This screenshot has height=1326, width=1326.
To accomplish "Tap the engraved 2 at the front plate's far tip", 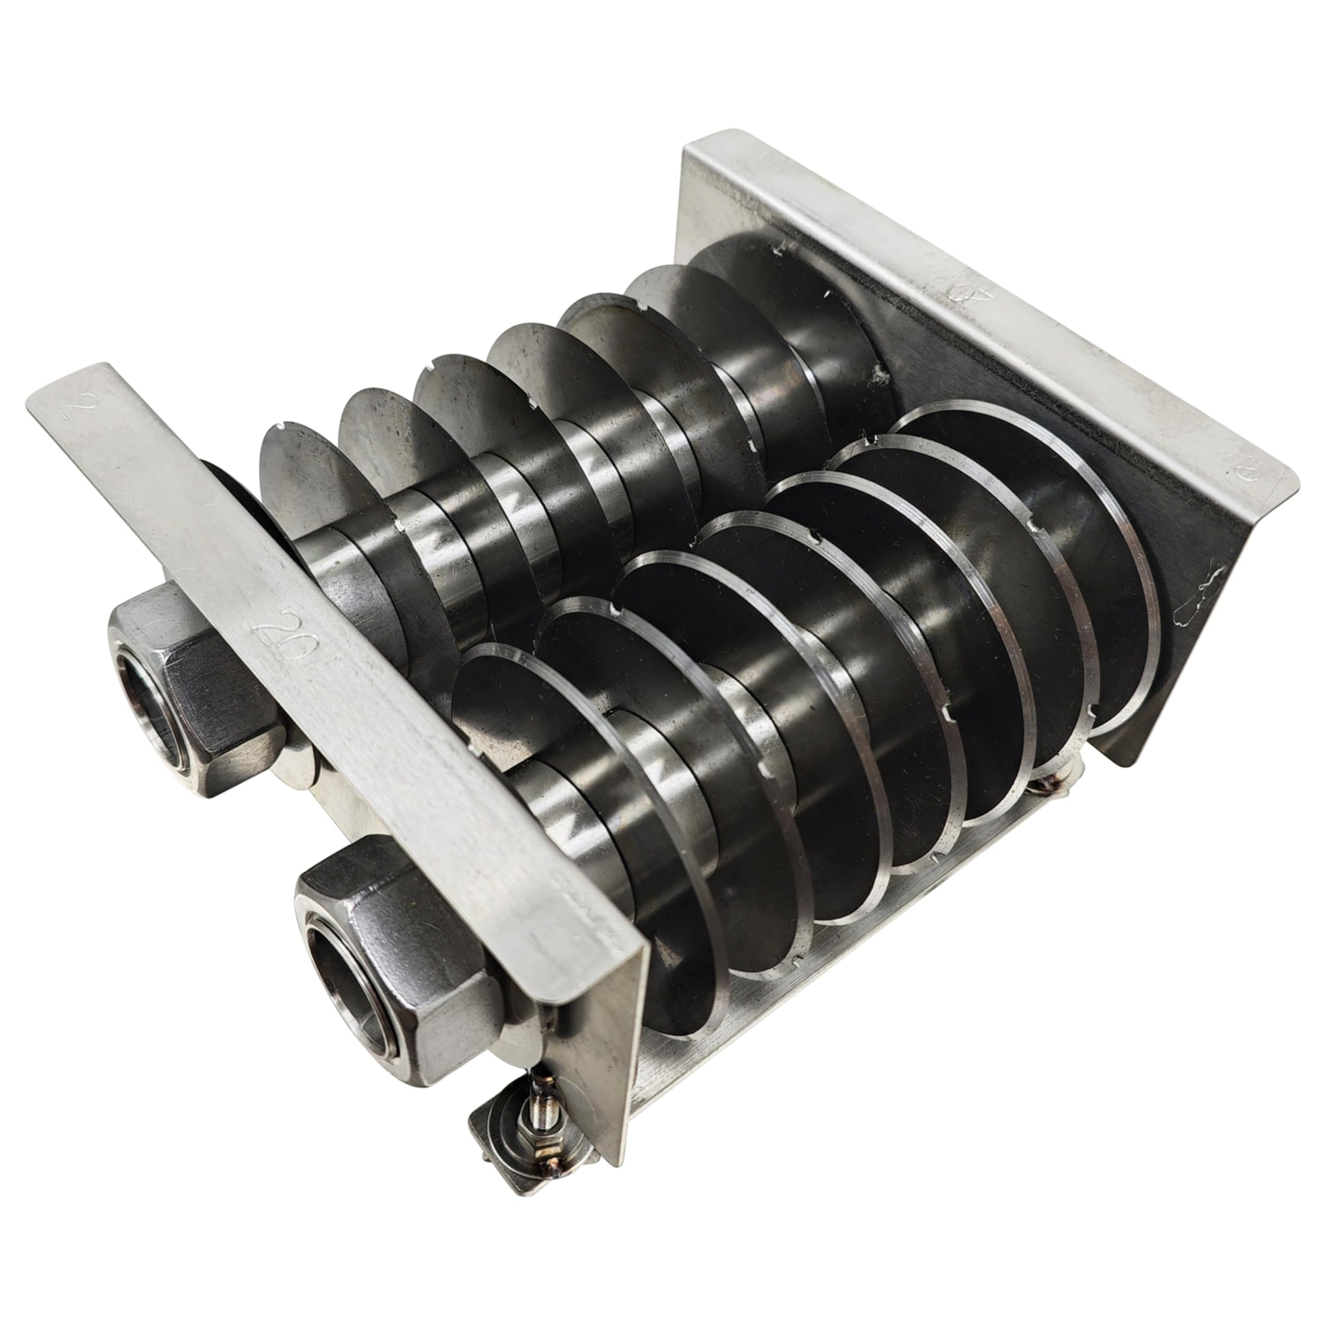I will point(70,410).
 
